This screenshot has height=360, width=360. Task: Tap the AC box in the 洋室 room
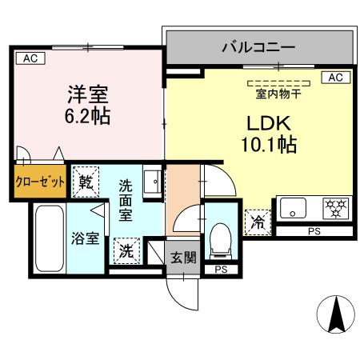coord(29,58)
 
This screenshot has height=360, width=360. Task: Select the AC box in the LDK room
coord(336,78)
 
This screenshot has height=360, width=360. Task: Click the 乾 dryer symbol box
coord(86,182)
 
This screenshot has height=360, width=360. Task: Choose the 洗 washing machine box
coord(127,250)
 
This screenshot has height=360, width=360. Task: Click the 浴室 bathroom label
coord(83,238)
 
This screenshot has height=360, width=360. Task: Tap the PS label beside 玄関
coord(220,270)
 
